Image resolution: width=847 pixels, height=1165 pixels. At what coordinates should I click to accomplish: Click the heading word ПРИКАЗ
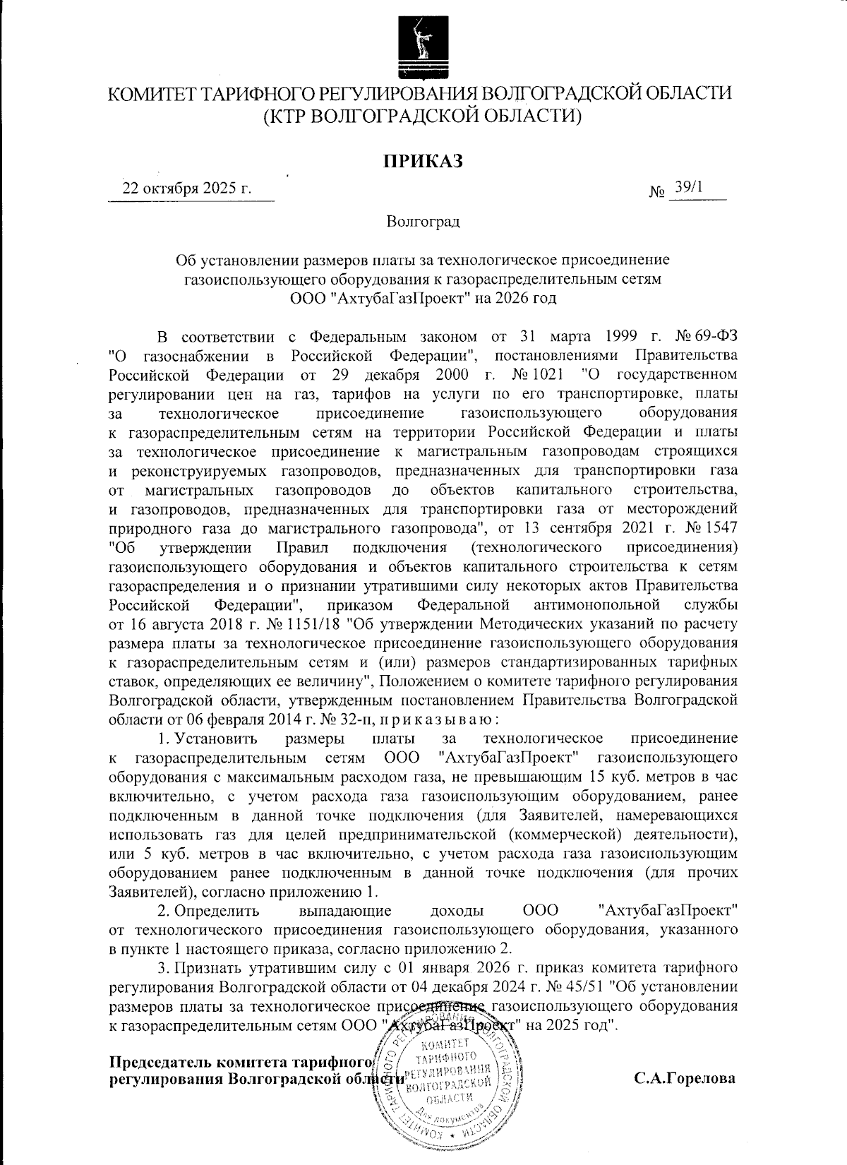tap(423, 162)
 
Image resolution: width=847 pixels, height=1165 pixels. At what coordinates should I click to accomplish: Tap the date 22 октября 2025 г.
tap(187, 189)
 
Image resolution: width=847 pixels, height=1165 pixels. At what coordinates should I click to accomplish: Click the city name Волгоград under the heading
tap(423, 222)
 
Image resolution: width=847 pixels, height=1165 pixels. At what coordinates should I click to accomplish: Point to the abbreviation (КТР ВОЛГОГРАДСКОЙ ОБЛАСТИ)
tap(423, 115)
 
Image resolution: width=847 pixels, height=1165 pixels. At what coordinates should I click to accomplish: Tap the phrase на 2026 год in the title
tap(517, 298)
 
